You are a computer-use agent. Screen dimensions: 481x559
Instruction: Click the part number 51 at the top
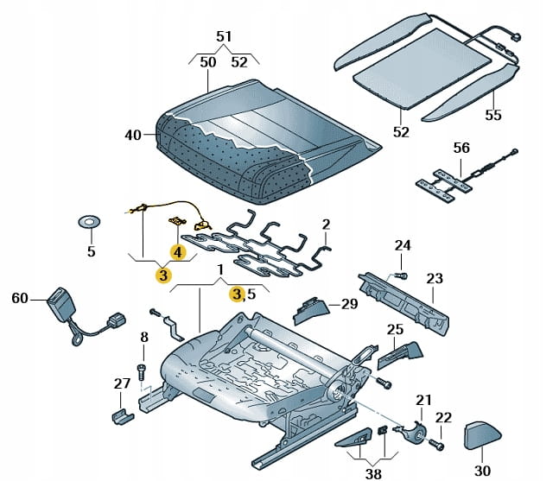(224, 36)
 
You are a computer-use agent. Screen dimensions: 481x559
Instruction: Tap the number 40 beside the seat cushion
(132, 135)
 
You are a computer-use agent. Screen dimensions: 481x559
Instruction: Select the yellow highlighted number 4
(177, 252)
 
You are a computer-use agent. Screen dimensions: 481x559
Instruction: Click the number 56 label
(461, 148)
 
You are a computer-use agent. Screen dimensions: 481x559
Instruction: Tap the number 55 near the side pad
(493, 114)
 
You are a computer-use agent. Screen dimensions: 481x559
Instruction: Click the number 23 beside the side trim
(435, 278)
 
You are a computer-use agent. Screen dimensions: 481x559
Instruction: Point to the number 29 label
(349, 303)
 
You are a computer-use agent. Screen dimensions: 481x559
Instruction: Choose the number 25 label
(395, 329)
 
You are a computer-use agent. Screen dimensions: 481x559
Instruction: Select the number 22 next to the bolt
(443, 418)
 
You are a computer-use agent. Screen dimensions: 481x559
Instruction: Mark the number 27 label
(122, 384)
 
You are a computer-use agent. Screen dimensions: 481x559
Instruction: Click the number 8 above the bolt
(144, 338)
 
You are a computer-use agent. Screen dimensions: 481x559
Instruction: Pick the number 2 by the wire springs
(326, 225)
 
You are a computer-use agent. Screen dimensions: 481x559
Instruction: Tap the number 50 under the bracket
(208, 62)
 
